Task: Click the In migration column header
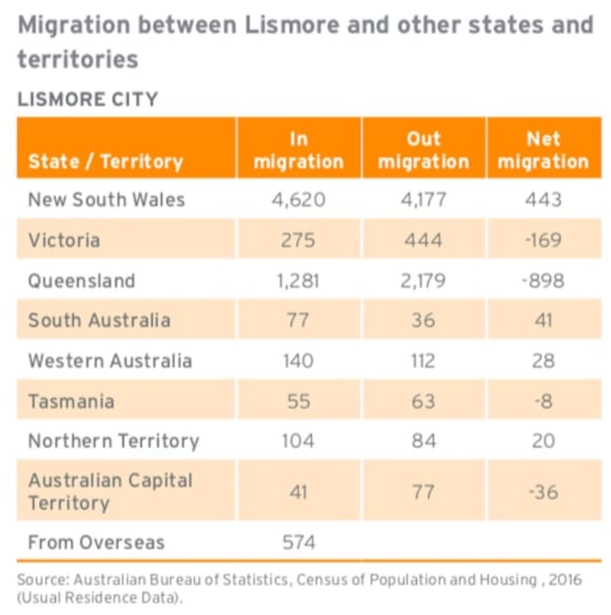(x=299, y=150)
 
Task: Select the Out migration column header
(x=423, y=150)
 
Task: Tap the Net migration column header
(x=543, y=150)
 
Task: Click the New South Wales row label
(x=106, y=200)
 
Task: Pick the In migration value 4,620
(x=299, y=200)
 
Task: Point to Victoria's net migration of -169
(x=543, y=240)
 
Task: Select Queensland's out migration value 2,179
(x=423, y=281)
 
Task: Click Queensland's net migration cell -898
(x=543, y=281)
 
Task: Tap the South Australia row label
(x=99, y=321)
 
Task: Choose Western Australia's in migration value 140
(x=298, y=361)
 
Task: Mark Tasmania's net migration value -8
(x=543, y=401)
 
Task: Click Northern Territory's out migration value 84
(x=423, y=441)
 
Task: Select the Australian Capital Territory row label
(x=110, y=491)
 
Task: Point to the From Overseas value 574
(x=299, y=542)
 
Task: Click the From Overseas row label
(x=96, y=542)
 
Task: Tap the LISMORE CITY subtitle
(x=87, y=99)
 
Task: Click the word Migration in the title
(x=74, y=25)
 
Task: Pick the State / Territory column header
(x=105, y=161)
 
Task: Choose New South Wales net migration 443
(x=543, y=200)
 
